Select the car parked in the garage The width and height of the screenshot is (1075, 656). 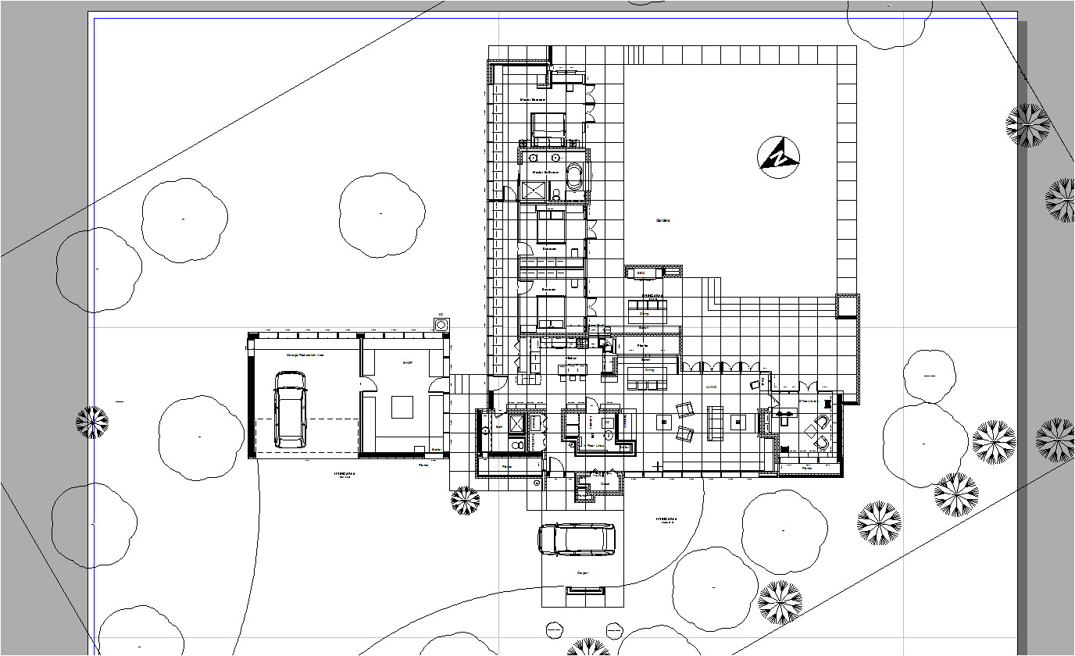[x=290, y=409]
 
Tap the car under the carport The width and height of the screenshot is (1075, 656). [x=577, y=539]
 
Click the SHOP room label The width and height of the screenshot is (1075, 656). [x=406, y=363]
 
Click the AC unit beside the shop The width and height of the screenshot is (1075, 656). [x=441, y=323]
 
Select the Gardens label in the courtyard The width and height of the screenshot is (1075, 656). [x=662, y=220]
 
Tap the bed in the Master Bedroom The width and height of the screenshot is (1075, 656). [x=548, y=130]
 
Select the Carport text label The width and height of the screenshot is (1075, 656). [x=582, y=573]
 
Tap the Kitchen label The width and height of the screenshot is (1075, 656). [x=571, y=358]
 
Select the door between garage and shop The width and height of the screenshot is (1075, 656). [x=360, y=382]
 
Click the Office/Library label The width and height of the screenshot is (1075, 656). [x=806, y=401]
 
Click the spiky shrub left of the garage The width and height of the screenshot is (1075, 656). [x=92, y=422]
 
